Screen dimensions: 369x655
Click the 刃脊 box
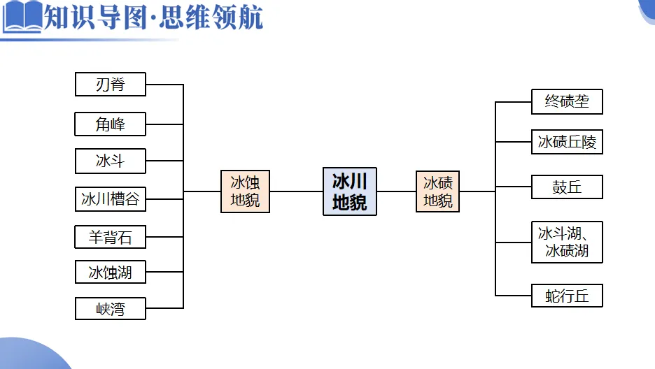click(111, 85)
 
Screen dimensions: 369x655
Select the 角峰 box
click(111, 124)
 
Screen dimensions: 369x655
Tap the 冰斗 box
click(111, 161)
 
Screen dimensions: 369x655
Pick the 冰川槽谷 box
click(111, 199)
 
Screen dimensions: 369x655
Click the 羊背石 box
click(111, 237)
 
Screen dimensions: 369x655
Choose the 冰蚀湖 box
click(111, 272)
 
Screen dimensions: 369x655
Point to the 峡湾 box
click(111, 308)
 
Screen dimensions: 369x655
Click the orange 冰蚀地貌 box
click(245, 191)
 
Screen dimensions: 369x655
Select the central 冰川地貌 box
click(349, 191)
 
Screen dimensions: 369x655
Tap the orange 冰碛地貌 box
click(438, 191)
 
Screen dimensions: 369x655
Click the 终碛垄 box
click(567, 101)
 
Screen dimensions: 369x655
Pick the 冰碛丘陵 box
click(567, 143)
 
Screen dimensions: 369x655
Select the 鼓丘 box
click(567, 187)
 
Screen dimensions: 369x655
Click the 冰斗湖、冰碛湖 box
click(567, 242)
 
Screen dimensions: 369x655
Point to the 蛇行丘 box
click(567, 296)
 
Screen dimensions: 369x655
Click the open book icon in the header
click(22, 17)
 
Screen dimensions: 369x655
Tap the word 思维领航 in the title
click(210, 17)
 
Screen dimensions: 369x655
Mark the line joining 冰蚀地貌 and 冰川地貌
click(296, 191)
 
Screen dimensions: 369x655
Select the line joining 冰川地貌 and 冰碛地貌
click(396, 191)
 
